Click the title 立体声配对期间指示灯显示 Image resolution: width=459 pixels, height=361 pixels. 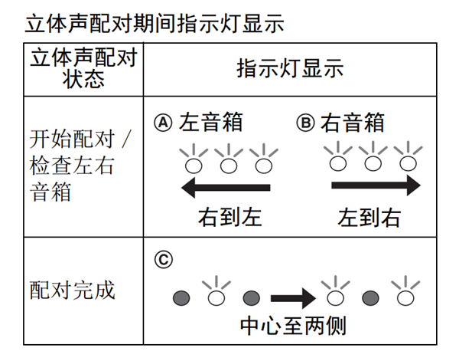[154, 23]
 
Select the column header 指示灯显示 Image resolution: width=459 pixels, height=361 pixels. [290, 70]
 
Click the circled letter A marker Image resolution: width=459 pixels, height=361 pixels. [163, 123]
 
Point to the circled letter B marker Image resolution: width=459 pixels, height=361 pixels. [304, 123]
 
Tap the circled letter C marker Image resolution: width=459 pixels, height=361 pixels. [163, 259]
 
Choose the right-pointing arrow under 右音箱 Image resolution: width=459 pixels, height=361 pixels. [376, 185]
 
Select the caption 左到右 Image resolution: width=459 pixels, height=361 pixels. [369, 217]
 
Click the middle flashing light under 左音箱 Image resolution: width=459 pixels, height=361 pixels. [229, 163]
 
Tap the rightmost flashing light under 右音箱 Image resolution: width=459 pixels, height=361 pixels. [405, 162]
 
